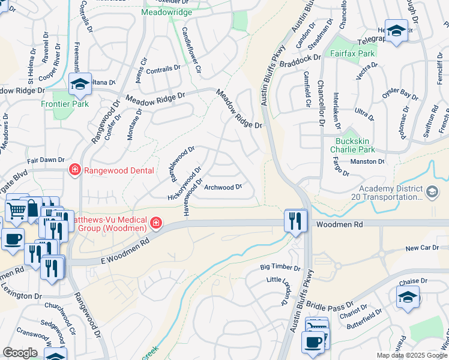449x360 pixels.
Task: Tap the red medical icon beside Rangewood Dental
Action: tap(75, 170)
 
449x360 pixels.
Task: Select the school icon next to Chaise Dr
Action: tap(408, 297)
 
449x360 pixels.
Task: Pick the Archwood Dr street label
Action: tap(223, 187)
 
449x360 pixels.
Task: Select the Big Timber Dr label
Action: tap(280, 268)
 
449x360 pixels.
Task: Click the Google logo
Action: tap(20, 353)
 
